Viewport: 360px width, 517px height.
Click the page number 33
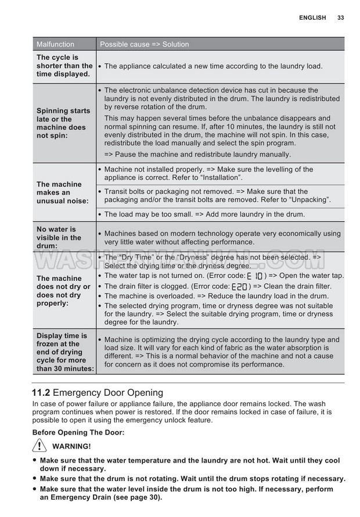[340, 18]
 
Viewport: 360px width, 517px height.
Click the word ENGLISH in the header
[312, 18]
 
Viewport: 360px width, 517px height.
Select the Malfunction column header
[55, 44]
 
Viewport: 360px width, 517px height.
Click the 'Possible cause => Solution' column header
[144, 44]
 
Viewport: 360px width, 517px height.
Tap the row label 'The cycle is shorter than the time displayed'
[64, 66]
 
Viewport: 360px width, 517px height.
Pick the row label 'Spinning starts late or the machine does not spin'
[63, 123]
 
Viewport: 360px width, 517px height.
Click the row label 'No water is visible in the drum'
[59, 237]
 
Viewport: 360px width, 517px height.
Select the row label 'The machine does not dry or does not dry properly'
[63, 291]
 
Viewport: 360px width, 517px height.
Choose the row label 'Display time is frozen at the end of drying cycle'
[64, 352]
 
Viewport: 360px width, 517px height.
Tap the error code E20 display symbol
[239, 287]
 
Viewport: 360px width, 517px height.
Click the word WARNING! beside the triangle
[71, 446]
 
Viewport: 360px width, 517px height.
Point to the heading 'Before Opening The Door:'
[78, 432]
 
